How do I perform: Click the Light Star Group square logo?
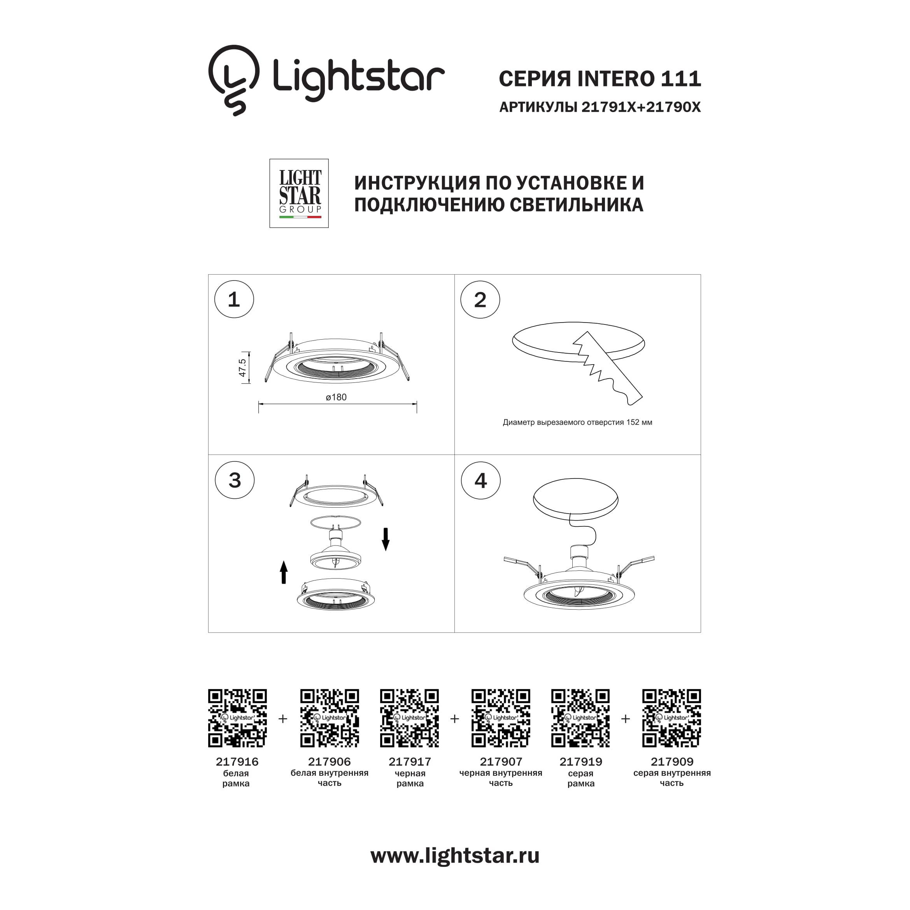[x=299, y=193]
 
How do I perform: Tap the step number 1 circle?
[x=234, y=299]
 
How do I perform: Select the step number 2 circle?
[x=480, y=300]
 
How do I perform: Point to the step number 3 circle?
[x=235, y=480]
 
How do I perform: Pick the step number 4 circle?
[x=480, y=480]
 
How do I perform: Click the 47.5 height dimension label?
[x=242, y=368]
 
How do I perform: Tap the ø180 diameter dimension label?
[x=336, y=398]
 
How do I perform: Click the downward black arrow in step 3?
[x=385, y=539]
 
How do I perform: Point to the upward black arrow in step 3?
[x=284, y=572]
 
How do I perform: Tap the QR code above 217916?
[x=237, y=718]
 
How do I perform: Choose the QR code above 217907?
[x=501, y=718]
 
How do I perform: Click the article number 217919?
[x=581, y=762]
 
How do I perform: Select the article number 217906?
[x=329, y=762]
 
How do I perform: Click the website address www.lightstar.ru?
[x=455, y=869]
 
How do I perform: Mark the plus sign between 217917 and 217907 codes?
[x=454, y=719]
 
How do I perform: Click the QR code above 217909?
[x=672, y=718]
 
